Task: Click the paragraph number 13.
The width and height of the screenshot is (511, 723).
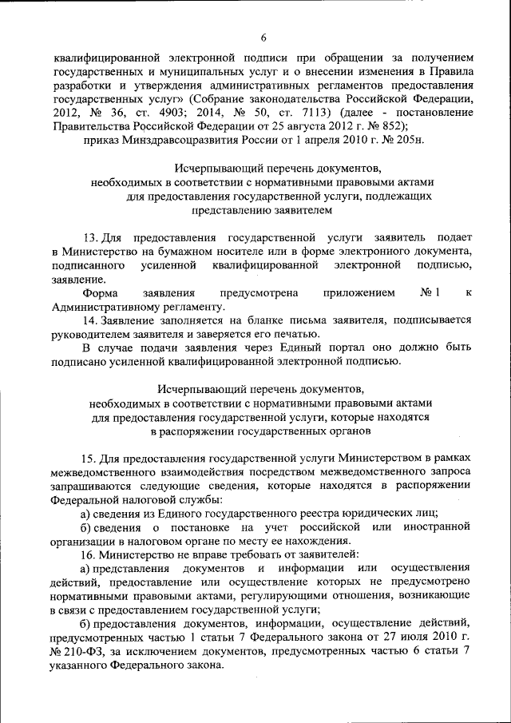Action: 90,238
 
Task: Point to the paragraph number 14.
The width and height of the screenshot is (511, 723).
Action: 90,320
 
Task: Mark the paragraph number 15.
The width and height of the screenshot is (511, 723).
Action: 90,458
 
